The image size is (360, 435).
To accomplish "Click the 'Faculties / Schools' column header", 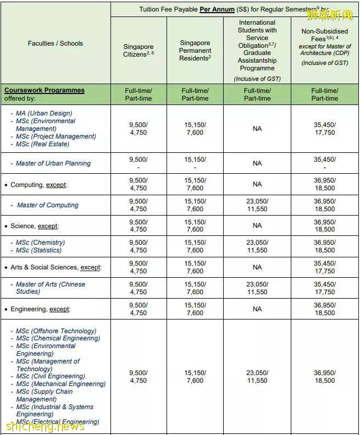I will [56, 43].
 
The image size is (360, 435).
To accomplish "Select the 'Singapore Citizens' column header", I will [139, 51].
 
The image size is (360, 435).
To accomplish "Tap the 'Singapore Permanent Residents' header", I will [195, 51].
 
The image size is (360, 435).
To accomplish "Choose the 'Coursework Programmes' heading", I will [45, 90].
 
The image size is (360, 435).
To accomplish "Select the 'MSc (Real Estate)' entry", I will [42, 144].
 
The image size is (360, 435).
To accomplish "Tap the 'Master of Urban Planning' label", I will [53, 163].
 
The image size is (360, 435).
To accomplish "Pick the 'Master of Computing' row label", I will [48, 205].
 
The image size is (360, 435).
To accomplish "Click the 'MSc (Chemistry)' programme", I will [40, 243].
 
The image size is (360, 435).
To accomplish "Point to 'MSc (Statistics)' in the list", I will [40, 250].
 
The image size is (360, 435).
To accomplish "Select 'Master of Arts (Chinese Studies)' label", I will [51, 288].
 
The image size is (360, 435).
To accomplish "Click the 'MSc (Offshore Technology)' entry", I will [56, 331].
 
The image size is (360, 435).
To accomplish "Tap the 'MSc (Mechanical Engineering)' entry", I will [61, 384].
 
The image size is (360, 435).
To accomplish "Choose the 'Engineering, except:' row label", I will [41, 309].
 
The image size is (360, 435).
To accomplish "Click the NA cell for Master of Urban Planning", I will [257, 163].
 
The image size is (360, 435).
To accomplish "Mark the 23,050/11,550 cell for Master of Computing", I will [257, 205].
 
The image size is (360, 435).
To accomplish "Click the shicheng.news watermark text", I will [45, 426].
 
